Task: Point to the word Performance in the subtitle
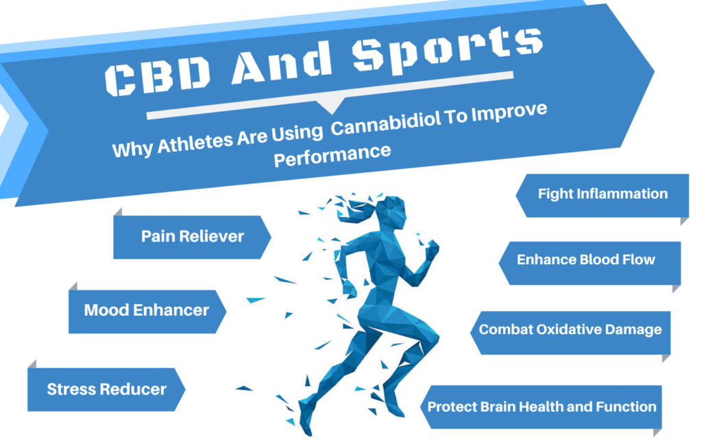tap(332, 155)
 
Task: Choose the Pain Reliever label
tap(192, 236)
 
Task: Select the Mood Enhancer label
tap(146, 310)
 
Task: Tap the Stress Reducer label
tap(106, 390)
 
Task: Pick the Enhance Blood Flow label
tap(585, 259)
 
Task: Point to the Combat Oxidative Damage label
tap(570, 329)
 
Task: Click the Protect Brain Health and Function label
tap(541, 406)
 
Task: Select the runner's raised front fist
tap(432, 252)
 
